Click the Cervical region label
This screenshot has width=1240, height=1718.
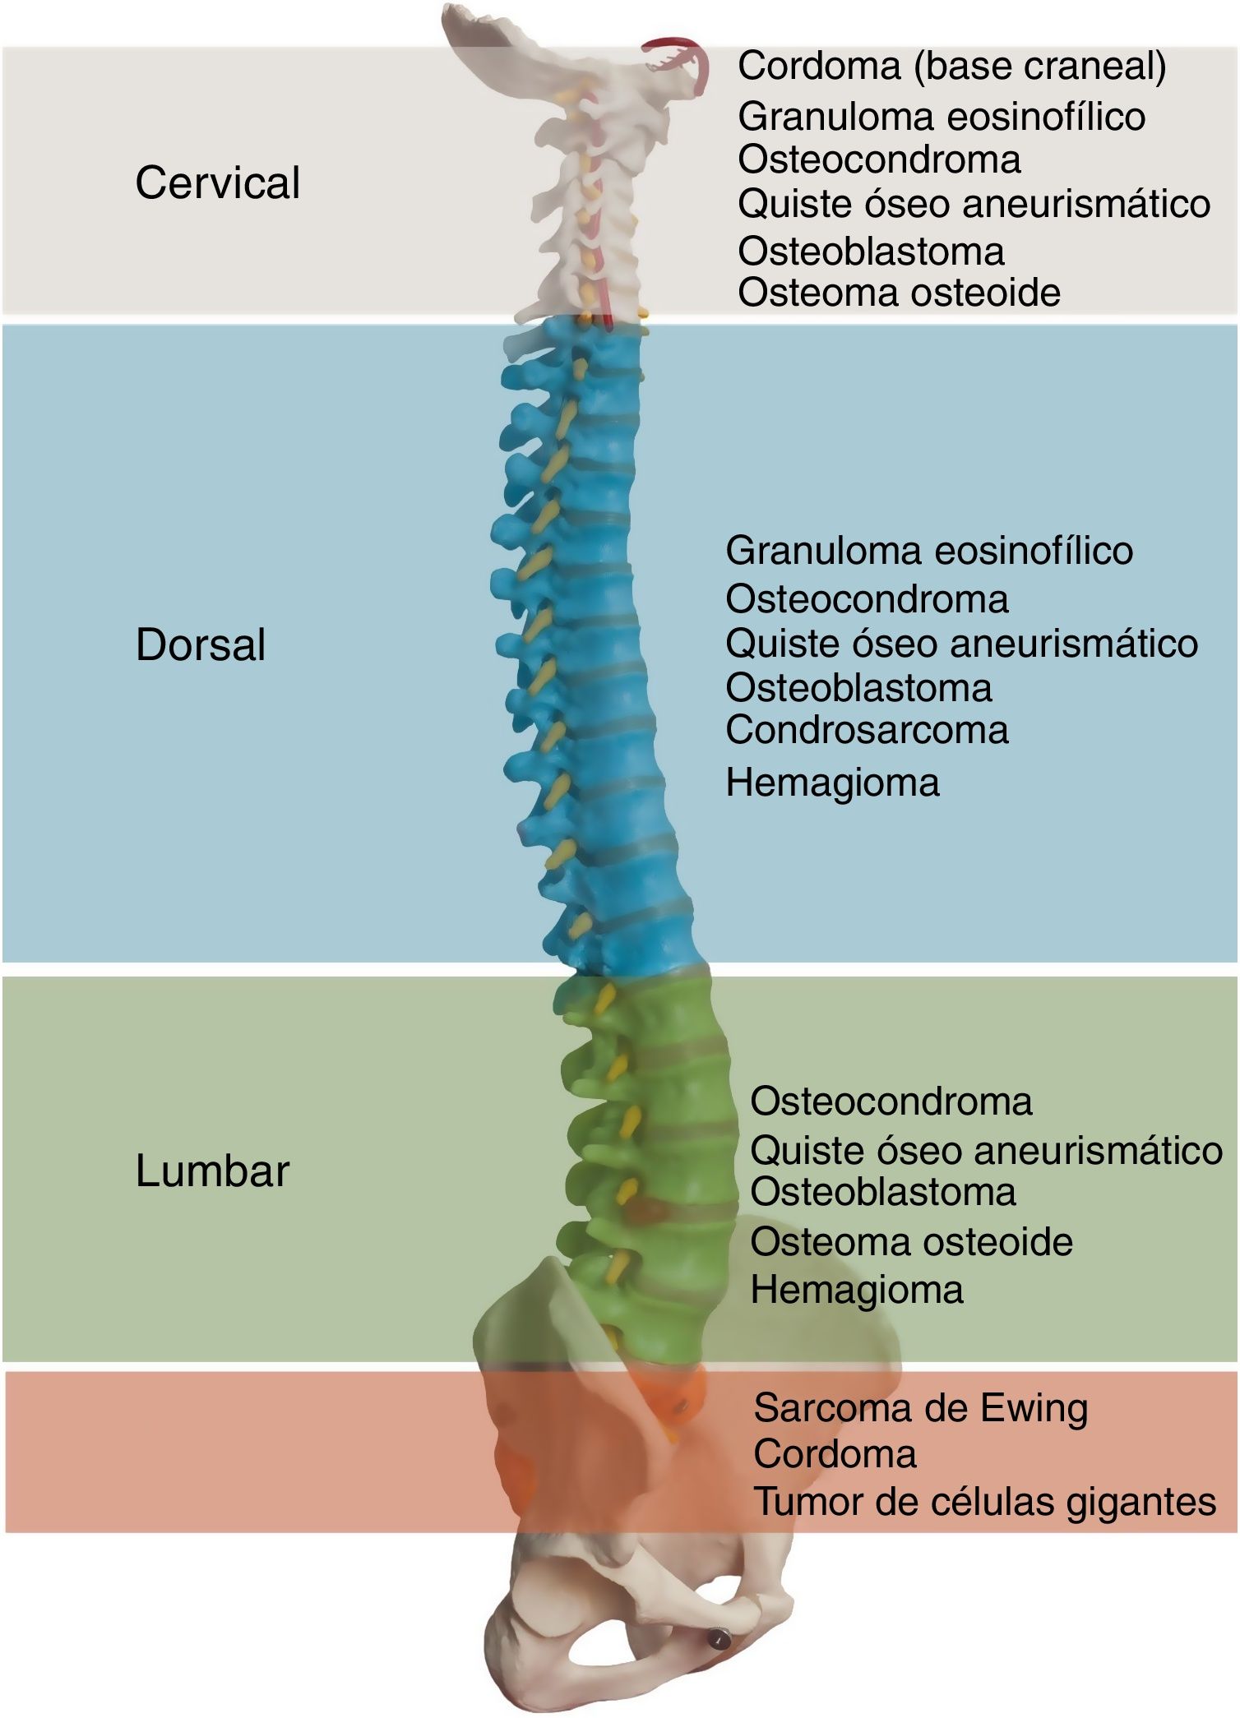tap(217, 182)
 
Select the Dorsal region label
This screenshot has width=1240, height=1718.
tap(201, 644)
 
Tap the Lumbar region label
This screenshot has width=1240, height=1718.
tap(212, 1171)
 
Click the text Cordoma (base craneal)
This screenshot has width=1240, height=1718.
tap(951, 67)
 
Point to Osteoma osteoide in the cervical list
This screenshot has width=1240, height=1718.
tap(899, 293)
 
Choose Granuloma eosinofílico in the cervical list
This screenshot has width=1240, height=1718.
tap(941, 117)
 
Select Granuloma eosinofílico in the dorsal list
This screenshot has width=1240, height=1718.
tap(928, 551)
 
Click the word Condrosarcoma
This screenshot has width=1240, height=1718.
tap(867, 730)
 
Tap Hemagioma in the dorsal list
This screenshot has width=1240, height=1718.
tap(832, 783)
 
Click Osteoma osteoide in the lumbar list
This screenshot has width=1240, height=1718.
tap(911, 1242)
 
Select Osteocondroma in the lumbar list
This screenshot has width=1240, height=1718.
tap(891, 1101)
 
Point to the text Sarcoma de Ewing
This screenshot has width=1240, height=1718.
tap(921, 1408)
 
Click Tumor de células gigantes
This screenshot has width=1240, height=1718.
tap(985, 1502)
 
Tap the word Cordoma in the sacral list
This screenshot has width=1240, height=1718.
tap(835, 1454)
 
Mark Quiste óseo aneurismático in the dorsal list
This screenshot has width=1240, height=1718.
tap(961, 644)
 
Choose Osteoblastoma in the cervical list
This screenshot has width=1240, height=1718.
tap(871, 252)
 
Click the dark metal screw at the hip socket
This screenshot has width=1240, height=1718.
tap(718, 1639)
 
